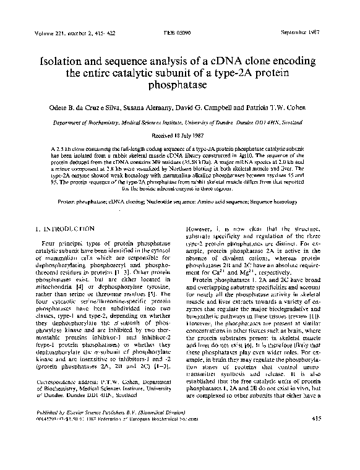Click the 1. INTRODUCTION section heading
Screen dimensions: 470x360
pos(69,229)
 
